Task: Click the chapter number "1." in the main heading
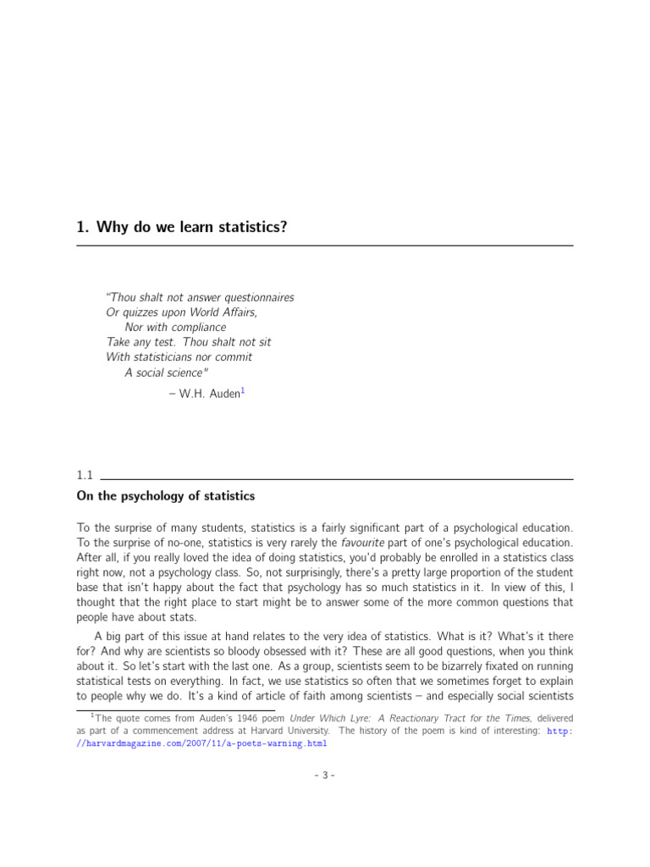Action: (83, 226)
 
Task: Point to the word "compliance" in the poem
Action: (199, 328)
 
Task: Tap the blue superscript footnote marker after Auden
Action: (243, 390)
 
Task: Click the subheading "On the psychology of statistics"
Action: (165, 496)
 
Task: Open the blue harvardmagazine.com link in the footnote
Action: (203, 743)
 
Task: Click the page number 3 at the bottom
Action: (325, 775)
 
